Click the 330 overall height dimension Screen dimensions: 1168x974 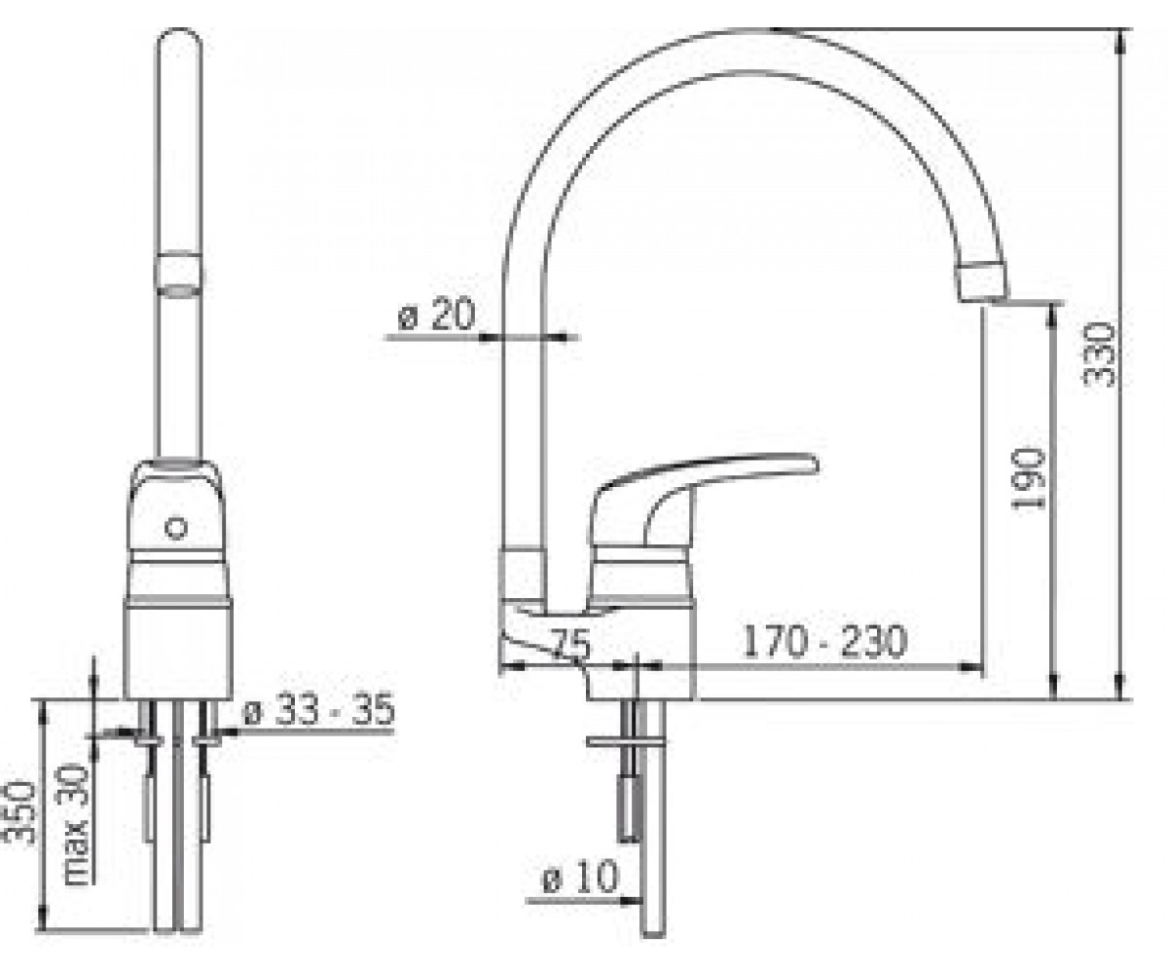click(x=1099, y=355)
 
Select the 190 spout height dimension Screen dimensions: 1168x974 click(x=1029, y=478)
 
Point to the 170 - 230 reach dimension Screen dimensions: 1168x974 click(x=824, y=642)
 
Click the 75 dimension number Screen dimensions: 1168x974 click(x=571, y=645)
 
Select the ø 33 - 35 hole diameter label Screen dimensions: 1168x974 click(x=319, y=710)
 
